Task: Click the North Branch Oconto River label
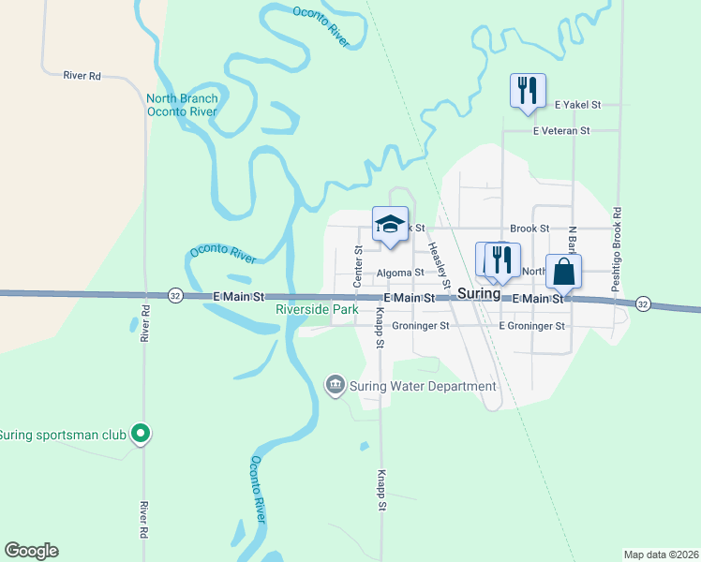click(182, 105)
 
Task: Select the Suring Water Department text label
click(422, 386)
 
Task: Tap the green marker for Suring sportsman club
click(141, 433)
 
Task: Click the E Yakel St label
click(577, 105)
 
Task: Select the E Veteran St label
click(560, 131)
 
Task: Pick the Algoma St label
click(400, 274)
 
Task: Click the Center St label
click(358, 266)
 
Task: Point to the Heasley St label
click(439, 265)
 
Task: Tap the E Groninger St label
click(532, 326)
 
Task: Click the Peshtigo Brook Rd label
click(617, 248)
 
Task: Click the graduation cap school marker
click(390, 223)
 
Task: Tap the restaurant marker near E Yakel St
click(527, 91)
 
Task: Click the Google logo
click(31, 551)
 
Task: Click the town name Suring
click(479, 293)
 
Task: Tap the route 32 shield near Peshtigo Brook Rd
click(642, 303)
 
